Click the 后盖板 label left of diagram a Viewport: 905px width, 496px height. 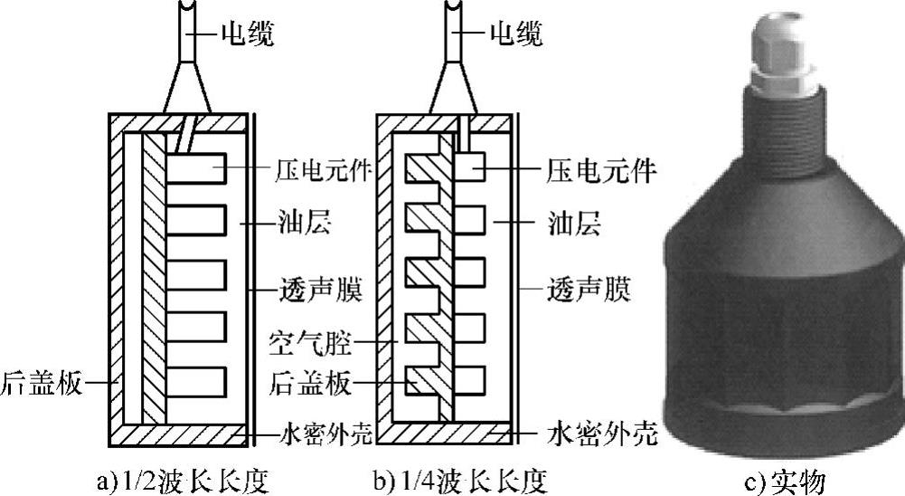point(40,384)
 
